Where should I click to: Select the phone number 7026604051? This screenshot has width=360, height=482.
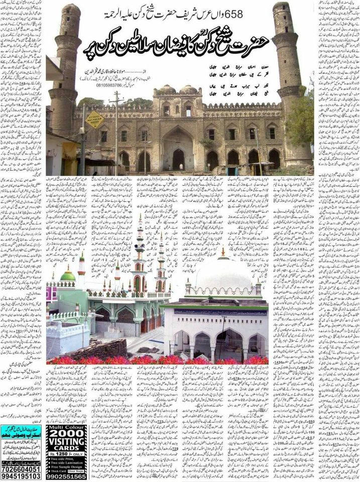[22, 468]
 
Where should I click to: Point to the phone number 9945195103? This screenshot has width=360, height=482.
[22, 476]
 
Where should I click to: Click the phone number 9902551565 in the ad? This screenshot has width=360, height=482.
[66, 476]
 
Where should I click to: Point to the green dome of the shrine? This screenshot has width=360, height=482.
[68, 275]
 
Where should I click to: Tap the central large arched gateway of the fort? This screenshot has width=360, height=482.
[178, 151]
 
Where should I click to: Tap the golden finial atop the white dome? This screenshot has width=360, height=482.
[223, 251]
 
